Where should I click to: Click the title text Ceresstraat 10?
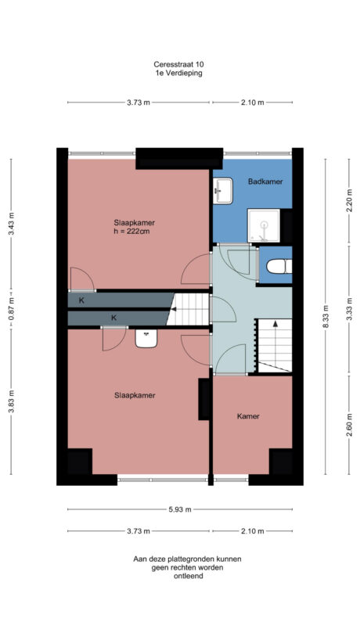[x=180, y=65]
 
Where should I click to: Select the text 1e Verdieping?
[x=180, y=73]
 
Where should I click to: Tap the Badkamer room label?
[x=265, y=182]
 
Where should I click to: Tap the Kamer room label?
[x=248, y=416]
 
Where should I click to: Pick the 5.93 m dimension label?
[x=180, y=509]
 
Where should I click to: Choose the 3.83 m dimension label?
[x=11, y=403]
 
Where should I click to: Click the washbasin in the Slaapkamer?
[x=146, y=338]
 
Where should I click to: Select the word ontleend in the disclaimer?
[x=187, y=576]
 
